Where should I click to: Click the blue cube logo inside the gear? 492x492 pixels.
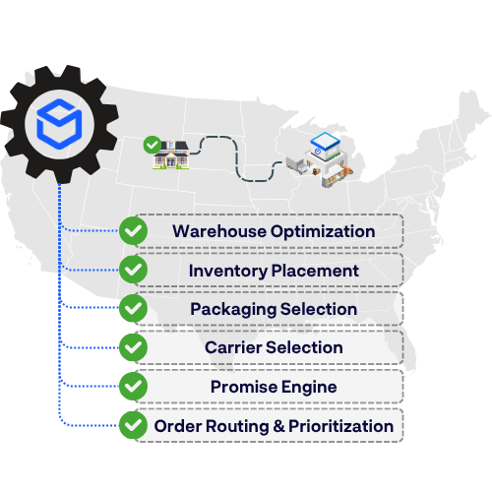59,124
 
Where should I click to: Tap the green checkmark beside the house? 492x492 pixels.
153,145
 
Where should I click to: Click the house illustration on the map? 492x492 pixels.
171,154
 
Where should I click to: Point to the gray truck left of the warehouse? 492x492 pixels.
297,165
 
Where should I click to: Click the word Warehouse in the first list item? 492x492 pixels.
219,231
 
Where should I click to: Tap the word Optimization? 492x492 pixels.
323,232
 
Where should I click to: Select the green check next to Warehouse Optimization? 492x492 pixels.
133,230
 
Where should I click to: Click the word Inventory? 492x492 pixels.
228,272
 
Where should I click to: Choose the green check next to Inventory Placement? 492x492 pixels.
133,270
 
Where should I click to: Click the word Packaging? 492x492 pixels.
233,310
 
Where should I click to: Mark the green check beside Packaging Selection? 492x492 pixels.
133,308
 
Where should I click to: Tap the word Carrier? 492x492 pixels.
233,347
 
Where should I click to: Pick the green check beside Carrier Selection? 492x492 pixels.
133,347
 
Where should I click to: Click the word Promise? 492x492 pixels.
244,387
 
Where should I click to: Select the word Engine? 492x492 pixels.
309,388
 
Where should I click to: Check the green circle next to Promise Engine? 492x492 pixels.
133,386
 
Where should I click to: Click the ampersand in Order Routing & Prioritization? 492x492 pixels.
278,426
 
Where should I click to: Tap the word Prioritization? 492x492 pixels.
341,426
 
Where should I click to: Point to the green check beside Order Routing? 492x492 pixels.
133,425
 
